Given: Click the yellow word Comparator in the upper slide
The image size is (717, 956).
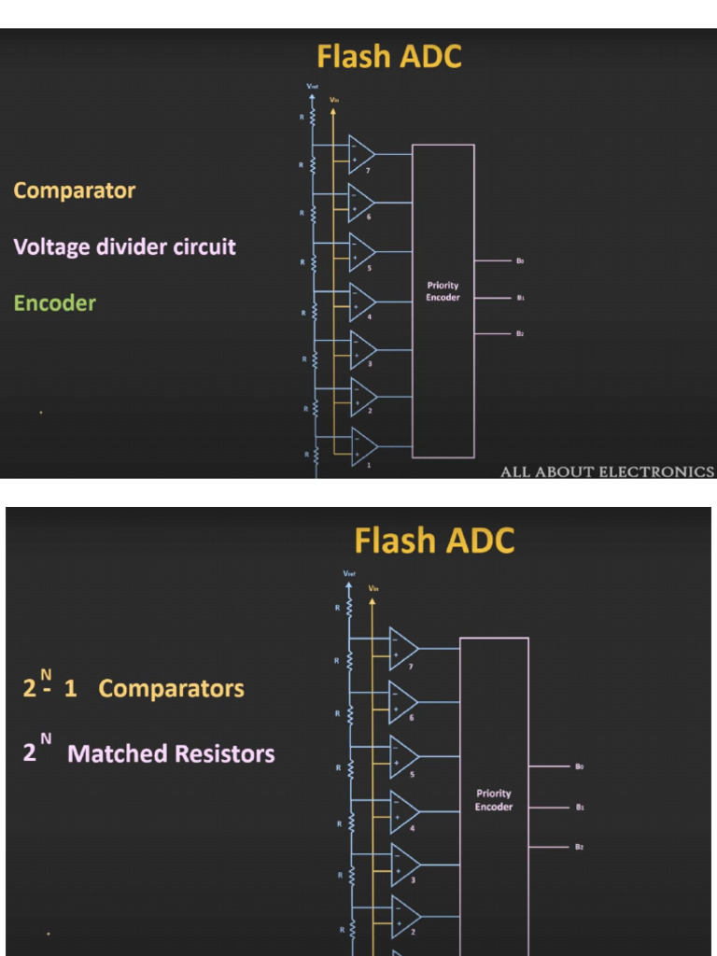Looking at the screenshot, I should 75,190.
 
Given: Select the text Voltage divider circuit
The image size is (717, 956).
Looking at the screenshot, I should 124,247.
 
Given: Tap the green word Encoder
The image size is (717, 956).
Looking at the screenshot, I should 55,303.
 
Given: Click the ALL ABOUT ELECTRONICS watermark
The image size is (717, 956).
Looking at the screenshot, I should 607,471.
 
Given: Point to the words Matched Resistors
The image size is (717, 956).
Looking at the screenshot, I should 172,753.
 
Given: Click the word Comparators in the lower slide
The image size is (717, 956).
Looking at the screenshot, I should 171,689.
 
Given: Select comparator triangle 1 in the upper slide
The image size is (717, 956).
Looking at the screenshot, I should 362,446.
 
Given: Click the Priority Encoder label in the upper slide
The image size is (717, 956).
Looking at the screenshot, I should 443,291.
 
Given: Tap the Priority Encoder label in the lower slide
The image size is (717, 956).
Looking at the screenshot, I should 493,800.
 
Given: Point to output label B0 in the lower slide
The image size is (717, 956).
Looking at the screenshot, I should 580,766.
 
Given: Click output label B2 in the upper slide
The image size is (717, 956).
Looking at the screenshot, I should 520,333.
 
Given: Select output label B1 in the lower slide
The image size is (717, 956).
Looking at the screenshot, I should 580,807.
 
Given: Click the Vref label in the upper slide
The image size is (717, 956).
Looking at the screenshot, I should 312,87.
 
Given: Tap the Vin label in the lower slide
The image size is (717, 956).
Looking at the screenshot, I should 373,588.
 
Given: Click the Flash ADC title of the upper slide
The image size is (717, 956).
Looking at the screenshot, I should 388,57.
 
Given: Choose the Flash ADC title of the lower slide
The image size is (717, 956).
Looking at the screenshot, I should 434,541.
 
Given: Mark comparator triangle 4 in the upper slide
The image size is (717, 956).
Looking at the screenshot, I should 362,302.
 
